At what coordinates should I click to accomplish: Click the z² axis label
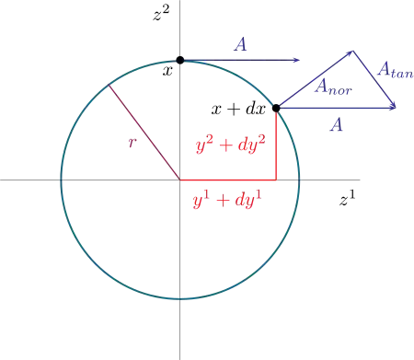[161, 14]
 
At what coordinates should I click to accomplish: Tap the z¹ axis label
[347, 198]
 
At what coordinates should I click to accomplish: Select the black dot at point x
[180, 60]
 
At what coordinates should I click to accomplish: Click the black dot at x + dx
[276, 108]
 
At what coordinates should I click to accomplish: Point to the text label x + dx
[238, 109]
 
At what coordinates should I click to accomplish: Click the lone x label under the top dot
[167, 71]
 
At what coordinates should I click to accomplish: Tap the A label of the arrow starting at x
[240, 45]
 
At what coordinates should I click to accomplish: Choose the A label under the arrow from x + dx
[336, 125]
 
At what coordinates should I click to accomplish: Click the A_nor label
[333, 87]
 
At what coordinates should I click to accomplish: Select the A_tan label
[396, 70]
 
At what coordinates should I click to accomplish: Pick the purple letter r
[132, 142]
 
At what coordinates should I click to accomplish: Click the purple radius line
[144, 132]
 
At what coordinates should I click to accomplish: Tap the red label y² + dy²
[231, 145]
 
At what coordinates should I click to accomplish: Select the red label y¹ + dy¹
[227, 200]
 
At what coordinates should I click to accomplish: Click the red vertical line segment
[276, 144]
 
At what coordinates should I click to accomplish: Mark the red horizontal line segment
[228, 180]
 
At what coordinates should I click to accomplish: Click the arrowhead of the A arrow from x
[297, 60]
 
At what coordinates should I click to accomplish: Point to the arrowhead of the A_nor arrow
[351, 52]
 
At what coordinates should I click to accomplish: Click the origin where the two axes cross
[180, 180]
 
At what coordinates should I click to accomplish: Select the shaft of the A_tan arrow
[374, 79]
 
